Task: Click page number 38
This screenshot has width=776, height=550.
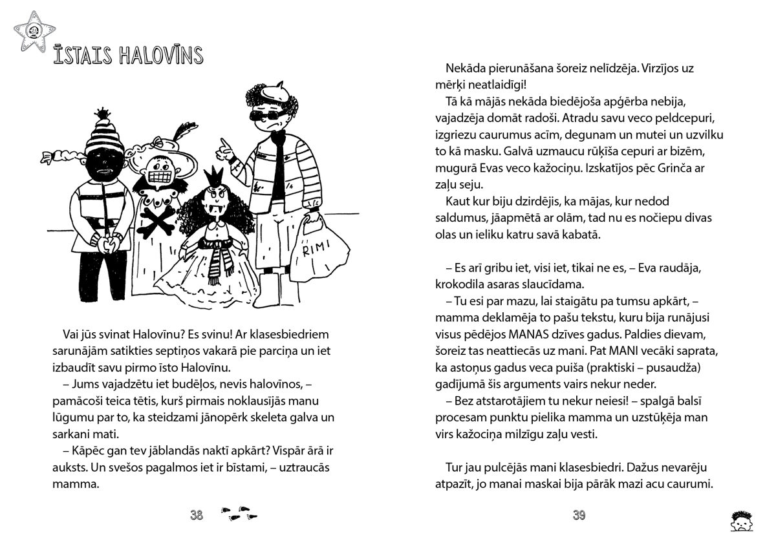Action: (x=197, y=515)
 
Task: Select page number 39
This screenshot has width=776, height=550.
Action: (x=579, y=515)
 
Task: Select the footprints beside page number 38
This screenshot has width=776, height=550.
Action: (x=239, y=515)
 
